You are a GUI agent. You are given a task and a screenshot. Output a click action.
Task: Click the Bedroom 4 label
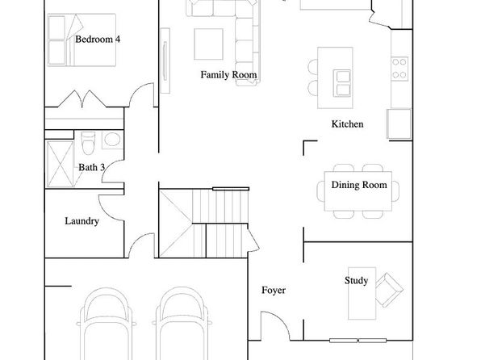[98, 40]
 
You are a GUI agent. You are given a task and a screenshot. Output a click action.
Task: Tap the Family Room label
[228, 74]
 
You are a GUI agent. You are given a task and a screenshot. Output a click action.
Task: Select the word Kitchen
[347, 124]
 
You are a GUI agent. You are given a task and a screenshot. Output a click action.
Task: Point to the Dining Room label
[359, 185]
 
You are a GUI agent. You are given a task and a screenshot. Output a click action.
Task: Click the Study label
[356, 281]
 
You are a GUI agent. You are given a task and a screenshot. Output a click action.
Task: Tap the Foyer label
[274, 291]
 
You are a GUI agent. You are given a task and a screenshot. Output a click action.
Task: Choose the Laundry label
[82, 221]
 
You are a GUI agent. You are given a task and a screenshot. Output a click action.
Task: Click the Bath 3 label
[91, 167]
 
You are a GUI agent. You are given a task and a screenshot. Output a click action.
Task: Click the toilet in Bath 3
[88, 143]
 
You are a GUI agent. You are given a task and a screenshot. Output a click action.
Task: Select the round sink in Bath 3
[112, 140]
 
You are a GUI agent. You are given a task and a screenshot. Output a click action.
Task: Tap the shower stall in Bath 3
[60, 164]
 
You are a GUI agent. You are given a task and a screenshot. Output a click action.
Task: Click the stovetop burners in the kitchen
[399, 69]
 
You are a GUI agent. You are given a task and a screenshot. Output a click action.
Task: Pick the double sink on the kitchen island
[342, 83]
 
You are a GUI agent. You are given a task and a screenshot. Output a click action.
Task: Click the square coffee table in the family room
[208, 44]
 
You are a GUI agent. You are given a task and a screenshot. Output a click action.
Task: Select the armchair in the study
[389, 290]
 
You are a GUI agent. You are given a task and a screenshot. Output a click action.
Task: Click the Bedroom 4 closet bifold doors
[82, 98]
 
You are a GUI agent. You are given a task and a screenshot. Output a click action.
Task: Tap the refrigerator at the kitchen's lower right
[399, 124]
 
